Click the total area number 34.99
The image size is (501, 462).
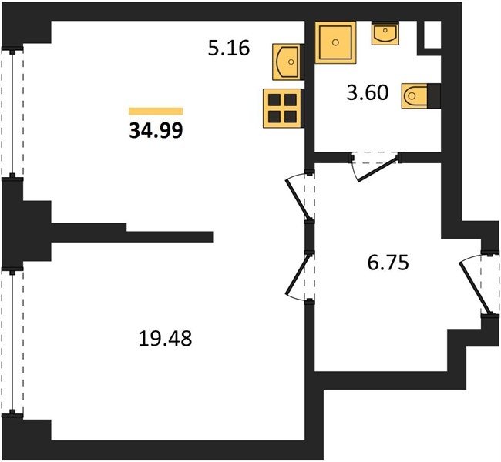(x=156, y=130)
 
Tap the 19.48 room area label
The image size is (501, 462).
(x=165, y=339)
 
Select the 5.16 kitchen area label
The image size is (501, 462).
(x=228, y=49)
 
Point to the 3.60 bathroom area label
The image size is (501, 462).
(x=368, y=92)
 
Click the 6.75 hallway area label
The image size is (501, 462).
(x=388, y=263)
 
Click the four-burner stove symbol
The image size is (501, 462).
(x=282, y=109)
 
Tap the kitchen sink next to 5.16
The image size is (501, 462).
(x=287, y=62)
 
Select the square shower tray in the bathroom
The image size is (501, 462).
(x=335, y=42)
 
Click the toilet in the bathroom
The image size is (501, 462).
(x=415, y=95)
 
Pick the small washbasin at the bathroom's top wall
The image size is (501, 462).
(x=385, y=33)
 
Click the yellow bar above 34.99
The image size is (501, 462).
(x=156, y=111)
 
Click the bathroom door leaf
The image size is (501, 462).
(x=378, y=169)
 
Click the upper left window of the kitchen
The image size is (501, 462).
(x=12, y=112)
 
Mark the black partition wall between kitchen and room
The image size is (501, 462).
(x=132, y=233)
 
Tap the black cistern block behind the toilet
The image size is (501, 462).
(x=434, y=95)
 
